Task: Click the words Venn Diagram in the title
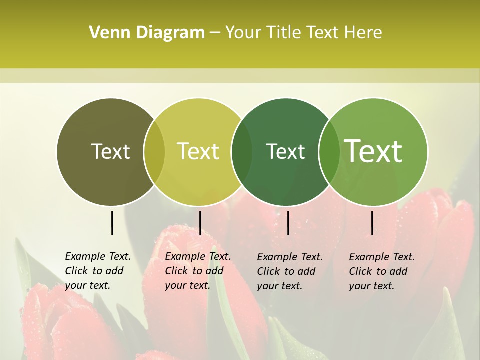(x=147, y=33)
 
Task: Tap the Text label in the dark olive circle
(x=110, y=151)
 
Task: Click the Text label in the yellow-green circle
(x=198, y=151)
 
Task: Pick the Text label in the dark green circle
(x=285, y=151)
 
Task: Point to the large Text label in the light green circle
(x=373, y=151)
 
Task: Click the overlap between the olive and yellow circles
(x=154, y=152)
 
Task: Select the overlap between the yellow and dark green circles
(x=242, y=152)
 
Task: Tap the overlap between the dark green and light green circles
(x=329, y=152)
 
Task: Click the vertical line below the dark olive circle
(x=112, y=223)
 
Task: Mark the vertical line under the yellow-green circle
(x=200, y=223)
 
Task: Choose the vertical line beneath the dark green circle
(x=288, y=223)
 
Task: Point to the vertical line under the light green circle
(x=372, y=223)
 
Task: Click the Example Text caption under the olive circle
(x=98, y=271)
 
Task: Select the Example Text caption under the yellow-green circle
(x=198, y=271)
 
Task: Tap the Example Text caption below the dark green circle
(x=290, y=271)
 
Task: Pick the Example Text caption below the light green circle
(x=382, y=271)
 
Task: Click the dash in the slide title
(x=215, y=33)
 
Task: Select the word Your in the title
(x=243, y=33)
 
